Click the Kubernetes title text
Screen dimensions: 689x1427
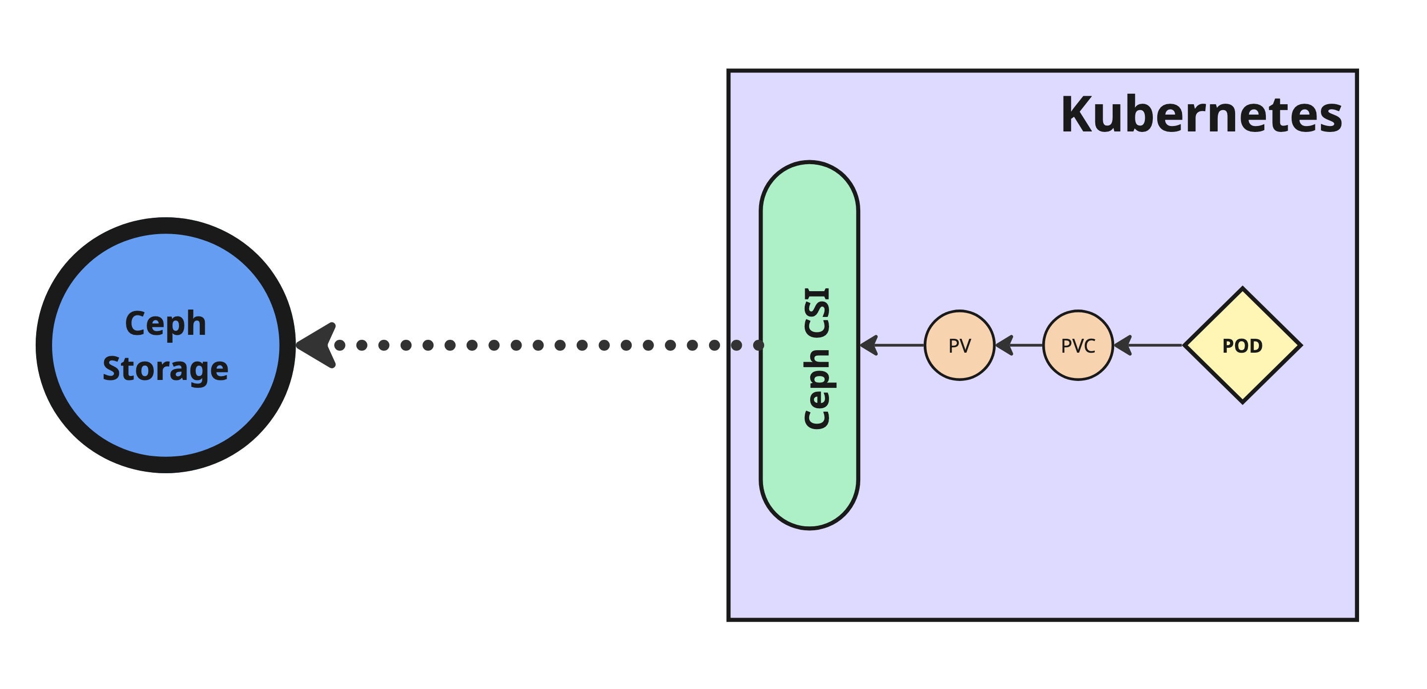[x=1201, y=115]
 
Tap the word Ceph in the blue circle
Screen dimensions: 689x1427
[x=166, y=324]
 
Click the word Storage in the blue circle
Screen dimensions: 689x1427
[x=166, y=369]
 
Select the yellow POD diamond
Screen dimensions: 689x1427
[x=1243, y=345]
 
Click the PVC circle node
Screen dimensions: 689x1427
[x=1078, y=345]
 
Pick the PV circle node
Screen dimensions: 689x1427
[x=959, y=345]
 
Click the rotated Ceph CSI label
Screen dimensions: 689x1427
[x=817, y=358]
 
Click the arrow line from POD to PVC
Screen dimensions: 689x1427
[x=1155, y=345]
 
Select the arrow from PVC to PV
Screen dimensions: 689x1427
[x=1025, y=345]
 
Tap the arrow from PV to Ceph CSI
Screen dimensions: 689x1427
[x=900, y=345]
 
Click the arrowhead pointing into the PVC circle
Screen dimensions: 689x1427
[x=1121, y=345]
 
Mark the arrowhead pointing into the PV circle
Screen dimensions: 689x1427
[x=1003, y=345]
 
